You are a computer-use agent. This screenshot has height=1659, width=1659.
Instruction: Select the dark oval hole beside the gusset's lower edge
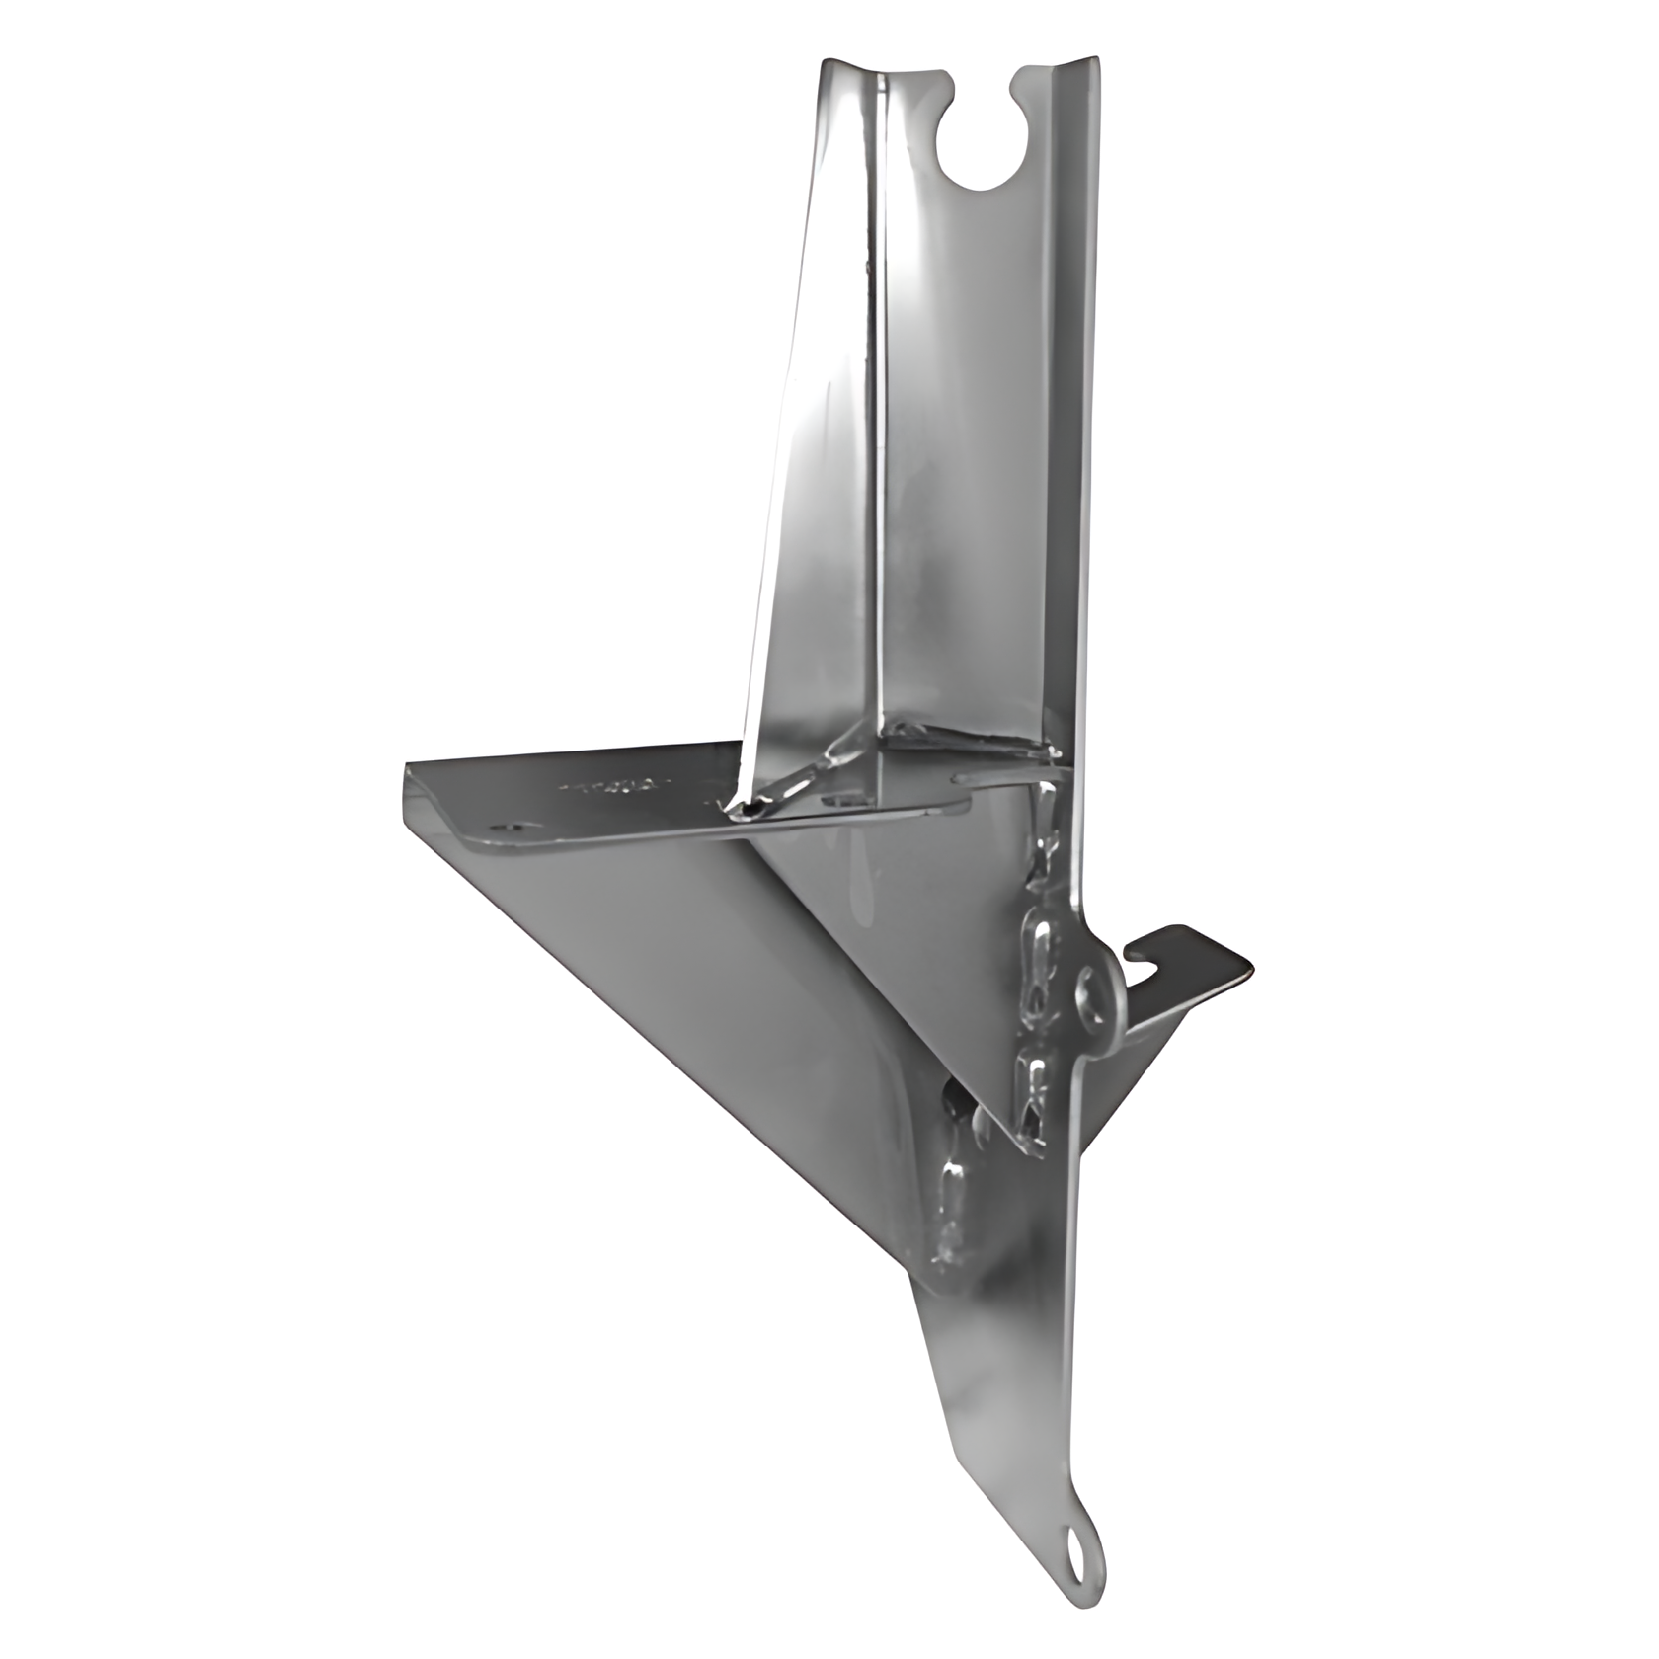[954, 1096]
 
